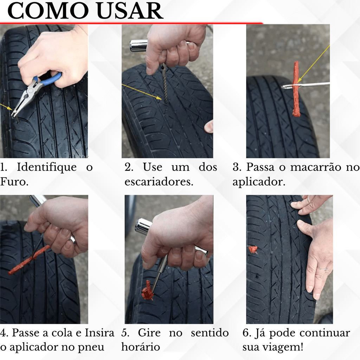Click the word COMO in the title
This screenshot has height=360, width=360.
(48, 11)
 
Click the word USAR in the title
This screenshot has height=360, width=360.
(130, 11)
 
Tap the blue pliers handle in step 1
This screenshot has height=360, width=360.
(51, 79)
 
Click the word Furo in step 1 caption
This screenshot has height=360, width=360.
(14, 182)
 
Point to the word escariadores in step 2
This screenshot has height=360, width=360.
(159, 182)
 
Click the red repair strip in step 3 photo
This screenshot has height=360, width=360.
(296, 89)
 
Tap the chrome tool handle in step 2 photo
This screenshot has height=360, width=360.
(139, 45)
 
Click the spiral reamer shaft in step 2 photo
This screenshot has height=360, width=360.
(164, 83)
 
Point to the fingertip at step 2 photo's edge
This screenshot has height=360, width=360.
(209, 127)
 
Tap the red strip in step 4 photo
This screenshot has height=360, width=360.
(30, 260)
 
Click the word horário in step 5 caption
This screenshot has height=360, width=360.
(141, 347)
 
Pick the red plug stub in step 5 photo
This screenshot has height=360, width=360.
(147, 291)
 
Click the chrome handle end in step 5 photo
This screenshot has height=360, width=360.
(143, 226)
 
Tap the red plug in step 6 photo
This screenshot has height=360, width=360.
(253, 250)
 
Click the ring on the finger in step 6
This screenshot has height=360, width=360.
(323, 269)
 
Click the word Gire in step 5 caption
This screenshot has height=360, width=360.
(149, 333)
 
